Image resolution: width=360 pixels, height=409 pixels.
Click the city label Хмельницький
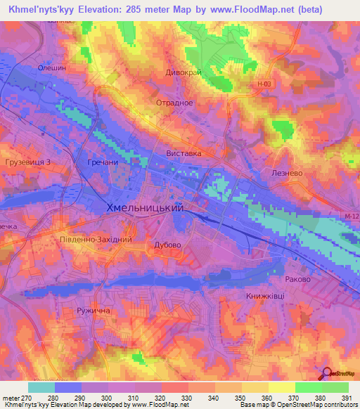point(144,208)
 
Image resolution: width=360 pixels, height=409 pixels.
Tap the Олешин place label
point(51,68)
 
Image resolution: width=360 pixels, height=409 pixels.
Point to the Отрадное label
point(174,103)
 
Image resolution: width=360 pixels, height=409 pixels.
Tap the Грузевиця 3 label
point(28,162)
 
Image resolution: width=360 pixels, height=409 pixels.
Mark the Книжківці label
point(265,296)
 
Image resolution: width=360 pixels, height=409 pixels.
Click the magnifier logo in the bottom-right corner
point(326,374)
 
